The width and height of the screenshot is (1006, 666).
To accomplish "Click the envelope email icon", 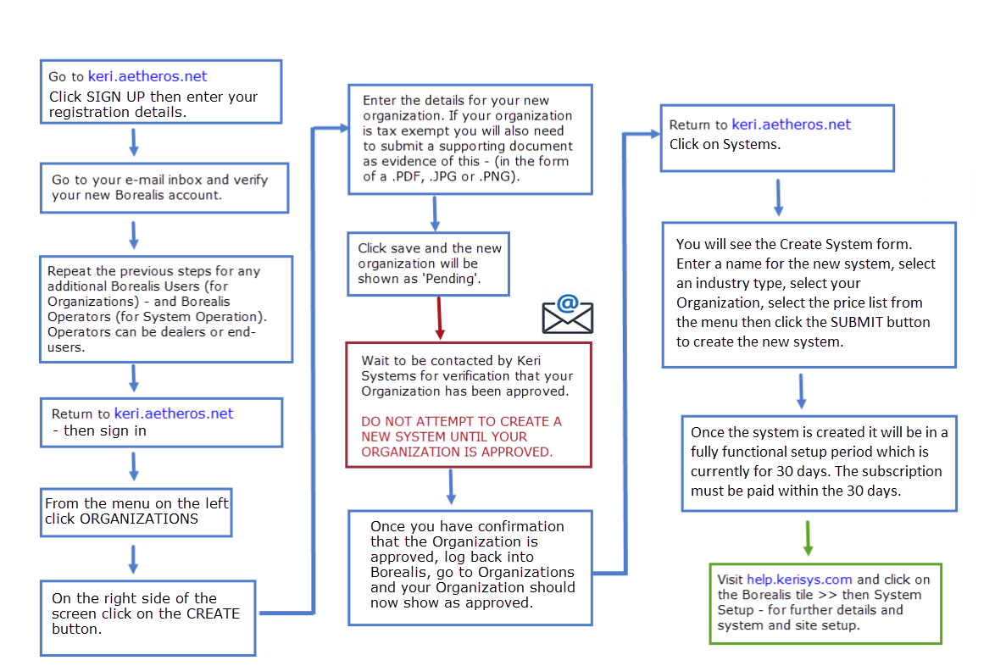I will click(x=567, y=314).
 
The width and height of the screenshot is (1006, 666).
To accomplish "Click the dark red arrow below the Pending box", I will click(x=439, y=318).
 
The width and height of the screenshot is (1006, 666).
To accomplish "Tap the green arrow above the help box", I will click(x=808, y=536).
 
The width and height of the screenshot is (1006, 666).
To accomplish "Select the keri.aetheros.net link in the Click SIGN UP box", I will click(x=147, y=76).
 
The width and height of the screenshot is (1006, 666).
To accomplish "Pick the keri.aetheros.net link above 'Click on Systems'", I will click(x=791, y=125).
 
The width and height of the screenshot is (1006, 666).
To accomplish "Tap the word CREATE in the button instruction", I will click(x=213, y=613).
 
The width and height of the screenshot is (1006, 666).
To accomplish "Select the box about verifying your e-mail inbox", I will click(x=165, y=187).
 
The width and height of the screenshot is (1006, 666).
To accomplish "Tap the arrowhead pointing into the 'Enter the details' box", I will click(x=342, y=129).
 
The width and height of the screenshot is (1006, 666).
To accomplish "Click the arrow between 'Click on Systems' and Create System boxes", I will click(x=778, y=197).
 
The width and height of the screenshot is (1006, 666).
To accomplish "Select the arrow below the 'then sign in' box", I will click(x=133, y=465).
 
